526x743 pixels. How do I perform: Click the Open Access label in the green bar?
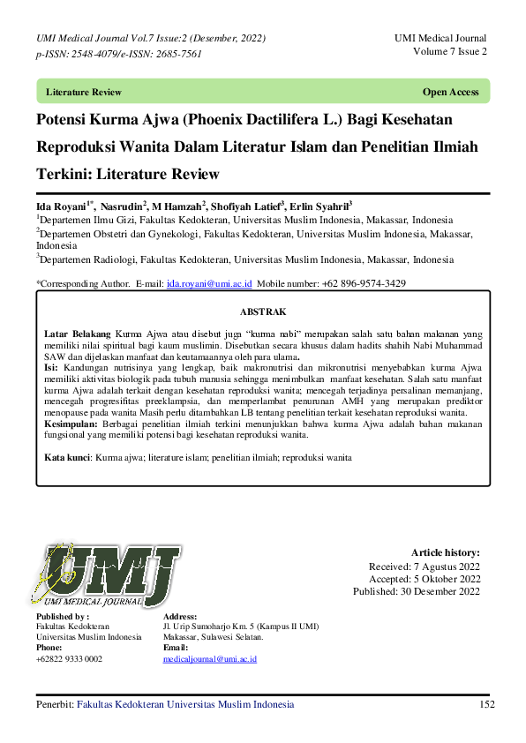click(450, 92)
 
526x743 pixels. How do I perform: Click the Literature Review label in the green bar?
click(84, 92)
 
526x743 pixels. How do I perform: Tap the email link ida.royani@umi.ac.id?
click(209, 283)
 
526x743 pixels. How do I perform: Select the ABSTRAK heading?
click(263, 311)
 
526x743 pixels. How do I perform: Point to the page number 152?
click(486, 704)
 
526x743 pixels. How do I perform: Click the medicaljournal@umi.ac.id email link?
click(210, 659)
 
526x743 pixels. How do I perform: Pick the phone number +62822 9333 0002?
click(69, 659)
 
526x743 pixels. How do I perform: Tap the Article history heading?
click(446, 552)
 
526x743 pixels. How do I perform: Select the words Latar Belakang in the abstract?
click(78, 334)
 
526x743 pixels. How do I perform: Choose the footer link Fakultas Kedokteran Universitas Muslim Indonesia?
click(185, 704)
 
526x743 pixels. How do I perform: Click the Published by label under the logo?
click(62, 616)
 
